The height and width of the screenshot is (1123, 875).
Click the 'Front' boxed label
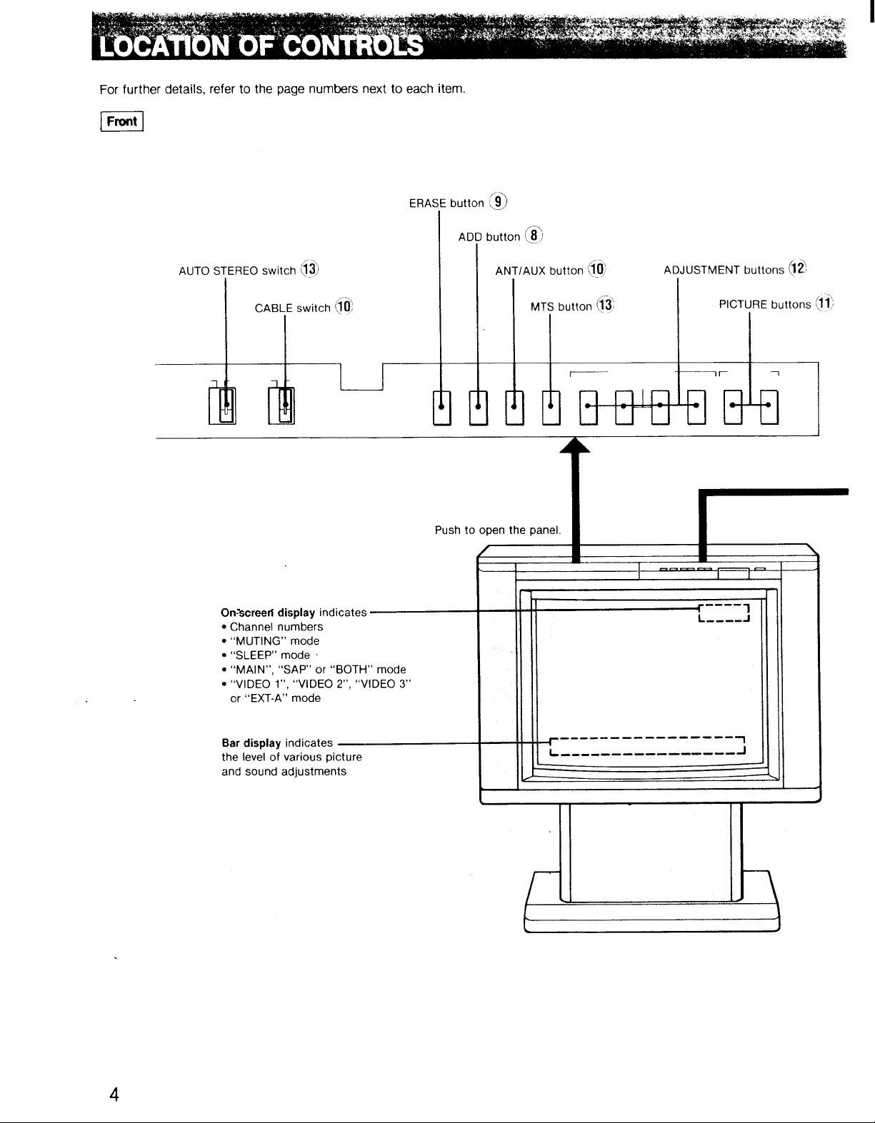[121, 121]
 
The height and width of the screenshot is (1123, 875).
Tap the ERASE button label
[446, 203]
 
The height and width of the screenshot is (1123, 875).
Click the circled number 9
[499, 201]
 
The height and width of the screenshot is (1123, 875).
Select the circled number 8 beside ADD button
[534, 235]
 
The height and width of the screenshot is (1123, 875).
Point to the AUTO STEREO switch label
[237, 271]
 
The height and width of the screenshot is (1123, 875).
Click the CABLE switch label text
[293, 308]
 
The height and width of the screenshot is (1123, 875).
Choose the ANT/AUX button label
[539, 271]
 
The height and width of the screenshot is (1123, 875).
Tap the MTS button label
[561, 306]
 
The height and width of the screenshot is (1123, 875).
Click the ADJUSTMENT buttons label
[724, 270]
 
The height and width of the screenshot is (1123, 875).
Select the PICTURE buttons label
[765, 304]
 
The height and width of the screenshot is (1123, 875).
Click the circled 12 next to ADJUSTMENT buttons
[797, 268]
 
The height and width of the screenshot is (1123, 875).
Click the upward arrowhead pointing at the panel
[575, 445]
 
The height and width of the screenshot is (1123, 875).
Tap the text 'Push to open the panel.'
[498, 530]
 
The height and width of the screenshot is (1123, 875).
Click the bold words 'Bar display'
[251, 743]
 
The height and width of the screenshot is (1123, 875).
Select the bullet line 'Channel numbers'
[272, 627]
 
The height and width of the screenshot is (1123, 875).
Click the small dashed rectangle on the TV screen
[724, 613]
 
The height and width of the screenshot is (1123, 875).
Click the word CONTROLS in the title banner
[353, 46]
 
